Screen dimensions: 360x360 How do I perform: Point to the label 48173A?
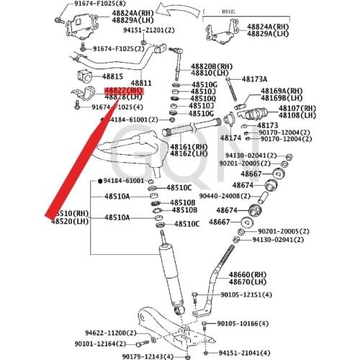coord(254,78)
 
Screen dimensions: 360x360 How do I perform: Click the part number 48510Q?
coord(202,99)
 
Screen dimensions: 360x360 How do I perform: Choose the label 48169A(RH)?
coord(282,91)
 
